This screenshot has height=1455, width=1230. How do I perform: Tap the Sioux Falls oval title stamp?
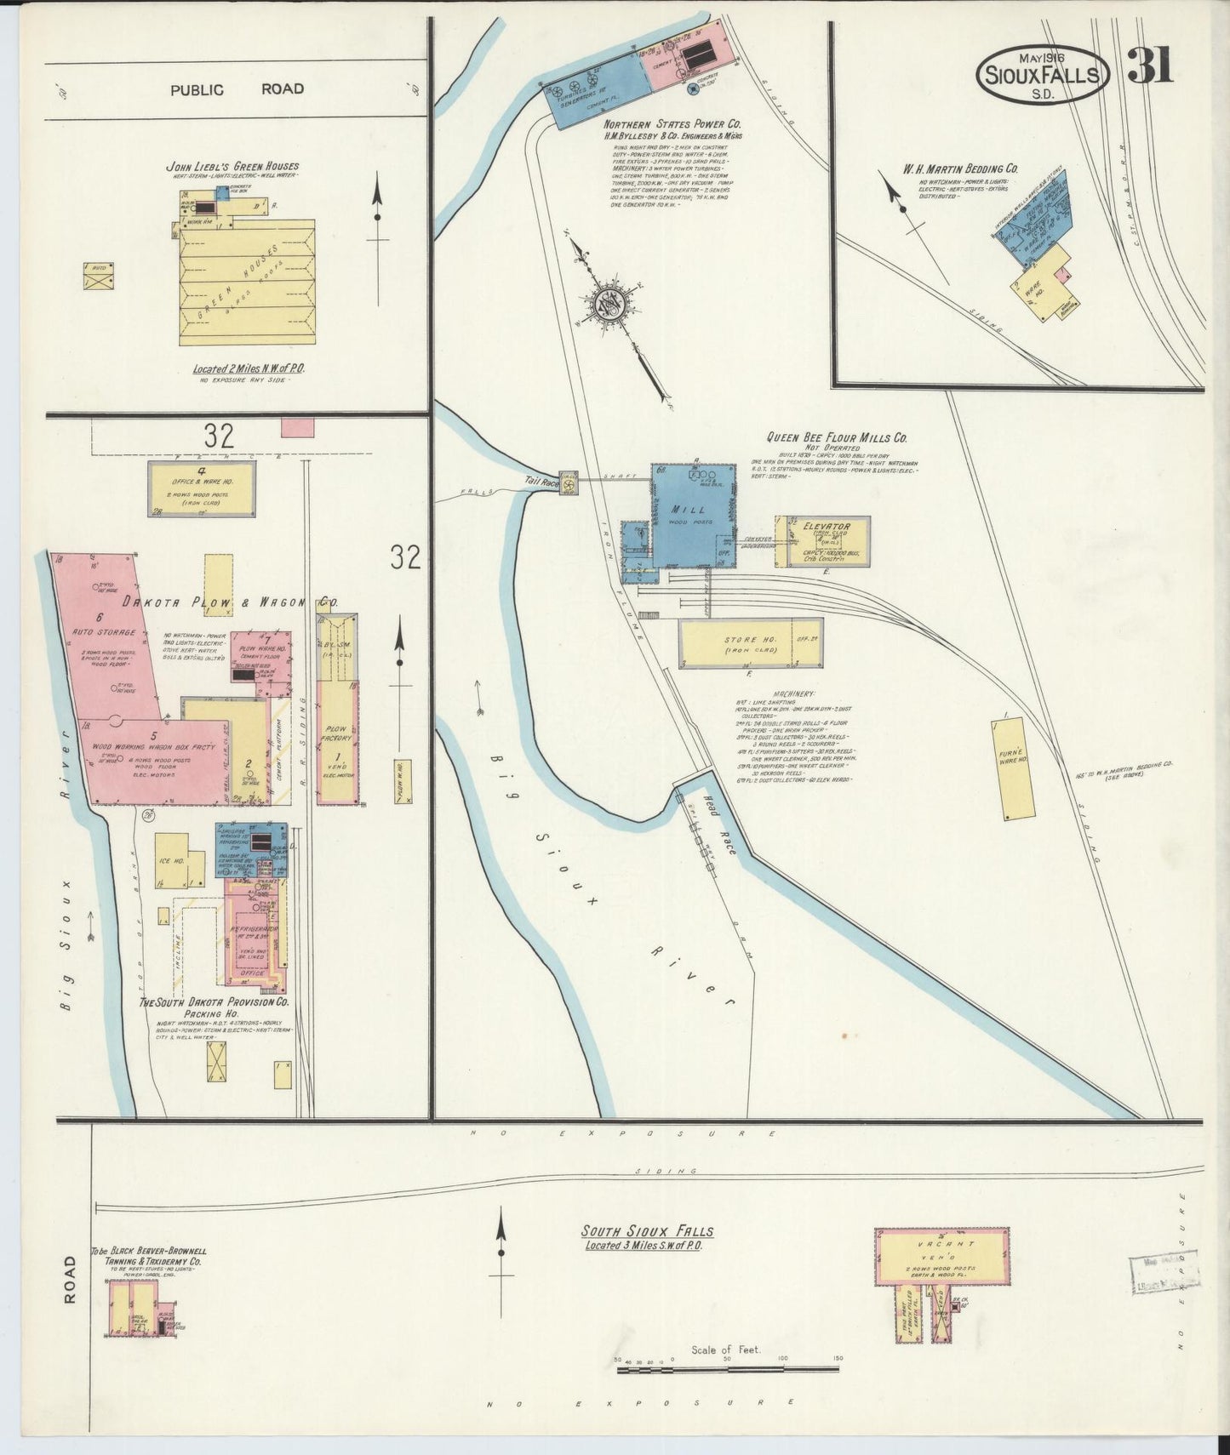1043,76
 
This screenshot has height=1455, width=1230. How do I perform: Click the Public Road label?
237,89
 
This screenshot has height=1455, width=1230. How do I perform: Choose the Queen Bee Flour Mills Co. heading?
837,437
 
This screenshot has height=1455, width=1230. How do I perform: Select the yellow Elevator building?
821,540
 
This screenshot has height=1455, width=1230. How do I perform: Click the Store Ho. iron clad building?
750,644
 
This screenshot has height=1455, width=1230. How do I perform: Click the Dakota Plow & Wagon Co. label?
229,602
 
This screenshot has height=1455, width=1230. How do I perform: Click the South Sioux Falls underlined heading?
647,1231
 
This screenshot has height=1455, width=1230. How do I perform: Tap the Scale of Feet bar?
728,1369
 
